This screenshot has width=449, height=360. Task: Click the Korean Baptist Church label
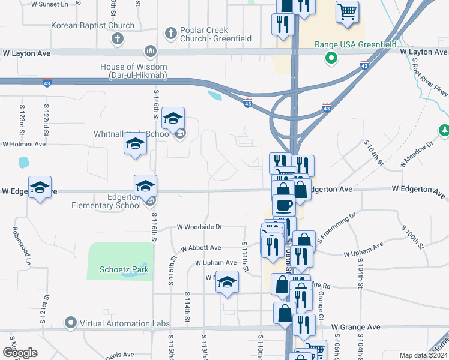(x=92, y=26)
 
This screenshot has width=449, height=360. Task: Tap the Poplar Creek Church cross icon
(x=170, y=32)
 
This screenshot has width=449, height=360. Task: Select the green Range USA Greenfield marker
(x=330, y=58)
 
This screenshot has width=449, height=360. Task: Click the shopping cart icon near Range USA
(x=347, y=11)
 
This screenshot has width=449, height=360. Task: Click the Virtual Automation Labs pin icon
(x=71, y=323)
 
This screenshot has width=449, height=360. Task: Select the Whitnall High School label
(x=132, y=134)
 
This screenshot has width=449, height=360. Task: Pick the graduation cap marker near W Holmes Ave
(x=135, y=143)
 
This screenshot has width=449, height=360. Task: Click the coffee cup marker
(x=283, y=205)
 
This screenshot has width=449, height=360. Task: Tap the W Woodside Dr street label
(x=199, y=227)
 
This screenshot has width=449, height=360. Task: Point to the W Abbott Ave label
(x=201, y=248)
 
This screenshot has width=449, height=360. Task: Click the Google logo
(x=20, y=353)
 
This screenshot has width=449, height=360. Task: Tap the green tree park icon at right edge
(x=444, y=130)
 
